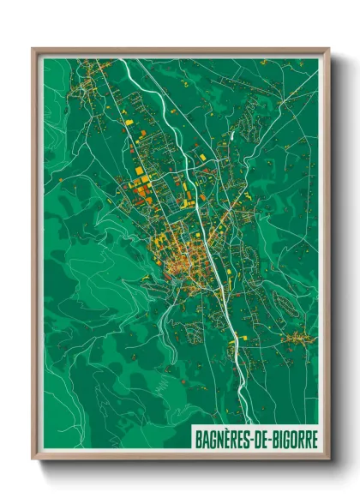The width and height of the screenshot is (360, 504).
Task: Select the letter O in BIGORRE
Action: (291, 436)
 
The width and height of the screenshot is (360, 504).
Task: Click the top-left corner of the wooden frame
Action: (33, 49)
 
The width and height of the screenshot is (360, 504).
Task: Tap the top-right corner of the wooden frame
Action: (329, 49)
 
